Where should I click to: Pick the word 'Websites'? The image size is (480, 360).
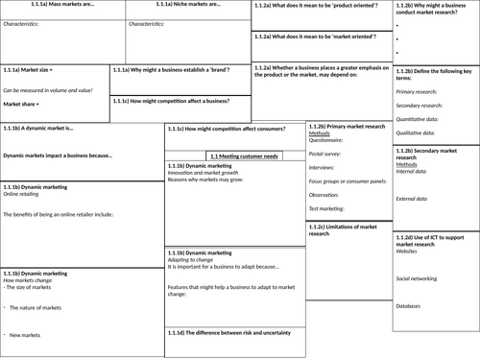point(409,251)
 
